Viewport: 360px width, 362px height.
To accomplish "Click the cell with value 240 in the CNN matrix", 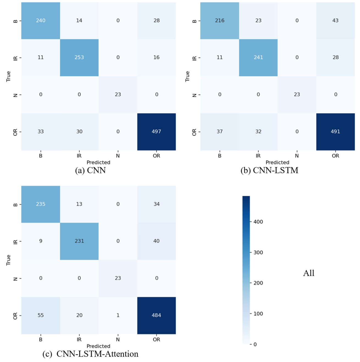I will [x=41, y=21].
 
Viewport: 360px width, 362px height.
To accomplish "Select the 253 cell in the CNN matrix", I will [x=79, y=57].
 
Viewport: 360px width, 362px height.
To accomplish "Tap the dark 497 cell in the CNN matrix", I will [x=156, y=132].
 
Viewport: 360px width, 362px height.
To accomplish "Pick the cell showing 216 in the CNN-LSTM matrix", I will [x=220, y=21].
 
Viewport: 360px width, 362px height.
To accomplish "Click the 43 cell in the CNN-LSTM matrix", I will [x=335, y=21].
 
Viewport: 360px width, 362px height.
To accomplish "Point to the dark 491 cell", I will [x=335, y=132].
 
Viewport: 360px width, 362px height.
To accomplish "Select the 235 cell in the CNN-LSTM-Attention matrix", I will [x=41, y=204].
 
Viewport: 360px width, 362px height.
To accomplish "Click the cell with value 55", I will [x=41, y=315].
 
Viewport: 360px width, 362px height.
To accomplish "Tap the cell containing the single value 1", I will [x=118, y=315].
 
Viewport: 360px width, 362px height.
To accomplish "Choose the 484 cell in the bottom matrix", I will [x=156, y=315].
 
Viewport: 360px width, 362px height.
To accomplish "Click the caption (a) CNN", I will [x=90, y=171].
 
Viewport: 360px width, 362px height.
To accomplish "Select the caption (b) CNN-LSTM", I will [x=269, y=171].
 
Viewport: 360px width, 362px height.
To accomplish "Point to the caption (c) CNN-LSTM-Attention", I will [x=90, y=354].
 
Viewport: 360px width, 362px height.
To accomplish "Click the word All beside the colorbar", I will [x=309, y=273].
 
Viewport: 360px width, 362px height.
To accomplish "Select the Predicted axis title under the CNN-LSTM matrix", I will [x=277, y=162].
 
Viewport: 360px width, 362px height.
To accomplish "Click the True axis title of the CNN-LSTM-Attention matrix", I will [x=9, y=260].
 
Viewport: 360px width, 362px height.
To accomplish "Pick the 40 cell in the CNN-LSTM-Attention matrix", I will [x=156, y=241].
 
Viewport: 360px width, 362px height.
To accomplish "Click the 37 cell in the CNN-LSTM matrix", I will [x=220, y=132].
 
